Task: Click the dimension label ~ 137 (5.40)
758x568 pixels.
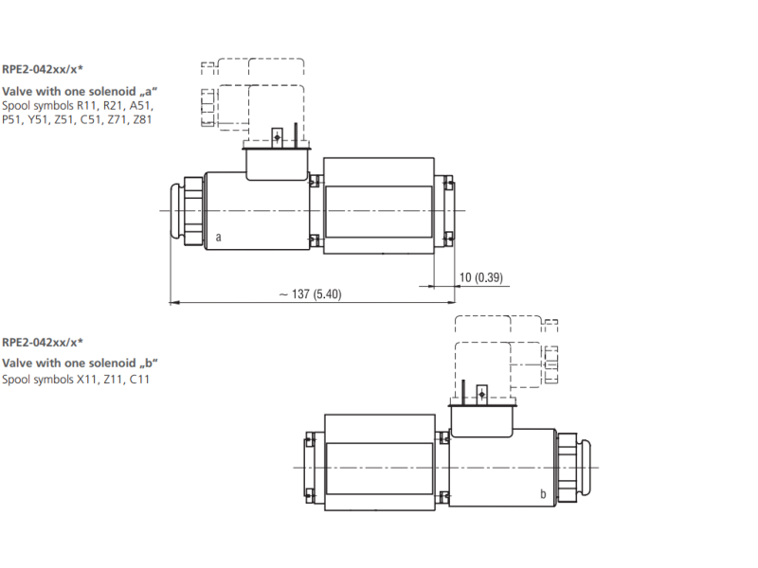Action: (311, 294)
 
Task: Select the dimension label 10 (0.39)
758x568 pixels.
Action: (481, 277)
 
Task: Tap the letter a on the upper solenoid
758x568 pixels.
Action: (219, 238)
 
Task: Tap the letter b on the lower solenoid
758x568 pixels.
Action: (543, 493)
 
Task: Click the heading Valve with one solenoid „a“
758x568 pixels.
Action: (80, 91)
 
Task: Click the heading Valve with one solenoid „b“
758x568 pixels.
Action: (81, 364)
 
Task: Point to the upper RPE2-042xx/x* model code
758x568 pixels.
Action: (43, 69)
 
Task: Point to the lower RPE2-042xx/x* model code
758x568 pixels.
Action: (43, 343)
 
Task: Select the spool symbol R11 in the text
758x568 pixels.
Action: (87, 106)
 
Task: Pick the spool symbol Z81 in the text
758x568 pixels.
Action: (143, 120)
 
